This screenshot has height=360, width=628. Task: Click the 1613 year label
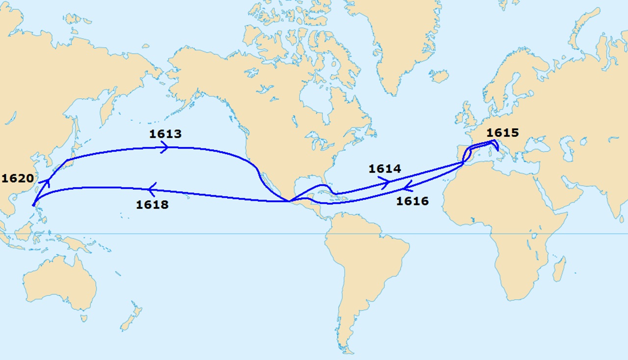pyautogui.click(x=166, y=134)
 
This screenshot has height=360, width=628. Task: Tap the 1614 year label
pyautogui.click(x=385, y=169)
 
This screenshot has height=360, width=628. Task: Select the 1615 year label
pyautogui.click(x=502, y=132)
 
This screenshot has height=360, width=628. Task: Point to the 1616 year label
pyautogui.click(x=412, y=201)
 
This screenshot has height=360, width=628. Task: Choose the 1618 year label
pyautogui.click(x=152, y=205)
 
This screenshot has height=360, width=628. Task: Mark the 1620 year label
pyautogui.click(x=18, y=178)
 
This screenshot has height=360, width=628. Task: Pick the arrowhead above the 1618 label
pyautogui.click(x=152, y=188)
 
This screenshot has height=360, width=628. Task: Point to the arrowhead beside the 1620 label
pyautogui.click(x=48, y=183)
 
